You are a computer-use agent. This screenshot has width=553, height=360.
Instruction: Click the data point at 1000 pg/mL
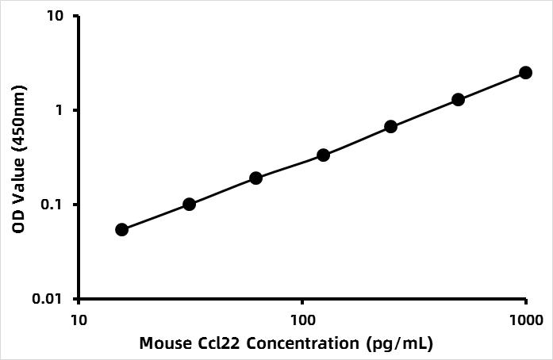[x=525, y=72]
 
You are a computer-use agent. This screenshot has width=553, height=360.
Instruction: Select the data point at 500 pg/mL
[x=458, y=99]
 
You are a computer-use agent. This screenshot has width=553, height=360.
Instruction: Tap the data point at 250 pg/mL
[x=390, y=126]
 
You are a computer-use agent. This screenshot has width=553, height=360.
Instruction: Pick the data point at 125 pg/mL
[x=323, y=155]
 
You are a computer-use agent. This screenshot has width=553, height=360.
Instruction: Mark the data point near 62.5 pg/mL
[x=255, y=178]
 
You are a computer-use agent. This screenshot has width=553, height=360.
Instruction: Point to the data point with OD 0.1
[x=189, y=204]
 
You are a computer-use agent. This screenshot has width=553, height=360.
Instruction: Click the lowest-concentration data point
[x=121, y=229]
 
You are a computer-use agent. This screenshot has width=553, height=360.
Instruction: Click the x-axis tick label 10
[x=78, y=320]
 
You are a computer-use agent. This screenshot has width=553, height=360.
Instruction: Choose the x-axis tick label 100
[x=302, y=320]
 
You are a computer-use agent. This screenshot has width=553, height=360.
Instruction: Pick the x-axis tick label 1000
[x=525, y=320]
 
